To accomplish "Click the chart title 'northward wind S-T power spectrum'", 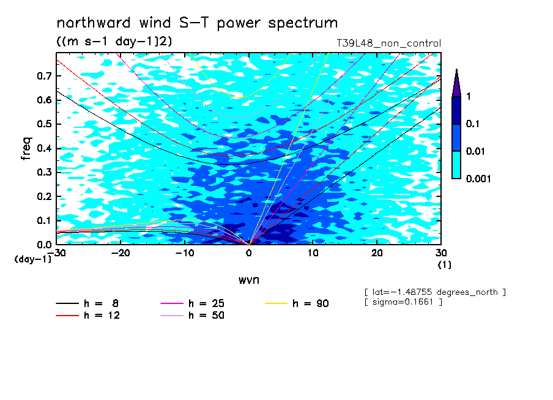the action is [x=197, y=23].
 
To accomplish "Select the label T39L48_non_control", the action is [x=388, y=43].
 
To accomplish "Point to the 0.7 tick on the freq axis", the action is [x=45, y=76].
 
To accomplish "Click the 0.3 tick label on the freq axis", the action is [x=45, y=172].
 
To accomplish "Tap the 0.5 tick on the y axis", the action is [x=45, y=124].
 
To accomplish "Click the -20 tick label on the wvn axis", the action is [x=121, y=253].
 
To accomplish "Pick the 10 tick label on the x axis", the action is [x=313, y=253].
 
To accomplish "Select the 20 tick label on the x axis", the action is [x=377, y=253].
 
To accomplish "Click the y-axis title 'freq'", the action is [x=26, y=149].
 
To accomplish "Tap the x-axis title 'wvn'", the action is [x=249, y=280].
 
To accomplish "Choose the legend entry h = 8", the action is [x=87, y=303].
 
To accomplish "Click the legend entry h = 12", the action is [x=88, y=315].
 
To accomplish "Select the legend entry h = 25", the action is [x=193, y=303].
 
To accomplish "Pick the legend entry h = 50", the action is [x=193, y=315].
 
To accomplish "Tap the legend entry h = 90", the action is [x=297, y=303].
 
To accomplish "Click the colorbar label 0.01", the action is [x=477, y=151].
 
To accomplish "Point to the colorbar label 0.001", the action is [x=478, y=179].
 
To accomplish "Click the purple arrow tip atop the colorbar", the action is [x=457, y=69].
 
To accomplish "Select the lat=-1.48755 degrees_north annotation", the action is [x=435, y=292].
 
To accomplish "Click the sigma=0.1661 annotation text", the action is [x=403, y=302].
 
